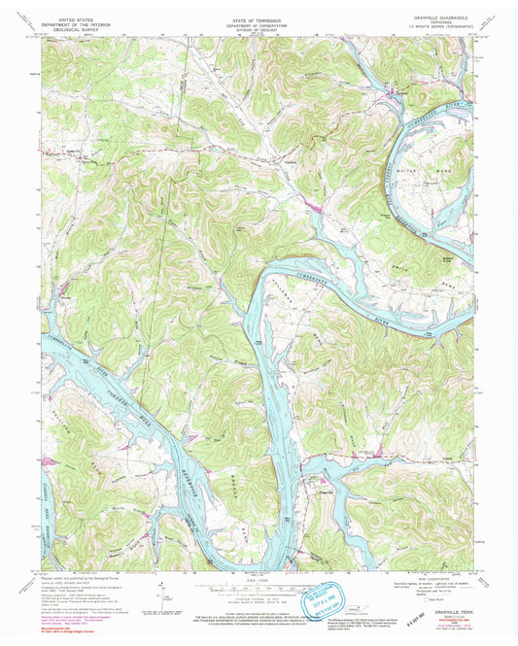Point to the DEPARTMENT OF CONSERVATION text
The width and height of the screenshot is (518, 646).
point(259,21)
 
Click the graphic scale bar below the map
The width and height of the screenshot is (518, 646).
point(259,583)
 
